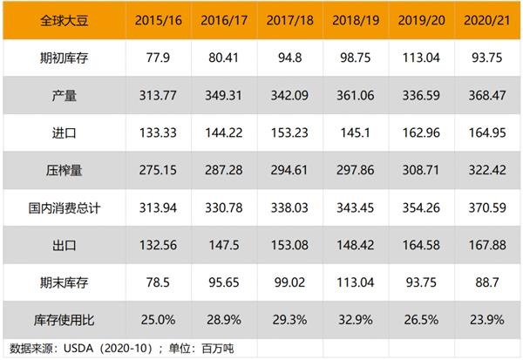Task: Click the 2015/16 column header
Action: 159,20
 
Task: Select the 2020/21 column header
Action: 487,20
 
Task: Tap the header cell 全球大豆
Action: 64,20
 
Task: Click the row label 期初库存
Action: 64,58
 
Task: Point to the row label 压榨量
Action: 64,170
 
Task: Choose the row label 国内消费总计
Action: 64,207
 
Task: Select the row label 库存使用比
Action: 64,320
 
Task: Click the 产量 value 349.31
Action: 224,95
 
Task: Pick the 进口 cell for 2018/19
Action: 356,132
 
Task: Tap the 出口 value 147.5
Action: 224,245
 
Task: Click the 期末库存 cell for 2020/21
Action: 487,282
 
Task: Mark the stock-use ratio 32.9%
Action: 356,320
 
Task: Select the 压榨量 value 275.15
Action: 158,170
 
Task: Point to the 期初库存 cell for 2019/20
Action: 421,58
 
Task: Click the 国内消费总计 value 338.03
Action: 289,207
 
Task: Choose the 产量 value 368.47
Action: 487,95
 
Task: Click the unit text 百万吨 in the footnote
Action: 217,349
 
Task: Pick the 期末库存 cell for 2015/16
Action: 158,282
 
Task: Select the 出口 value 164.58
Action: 421,245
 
